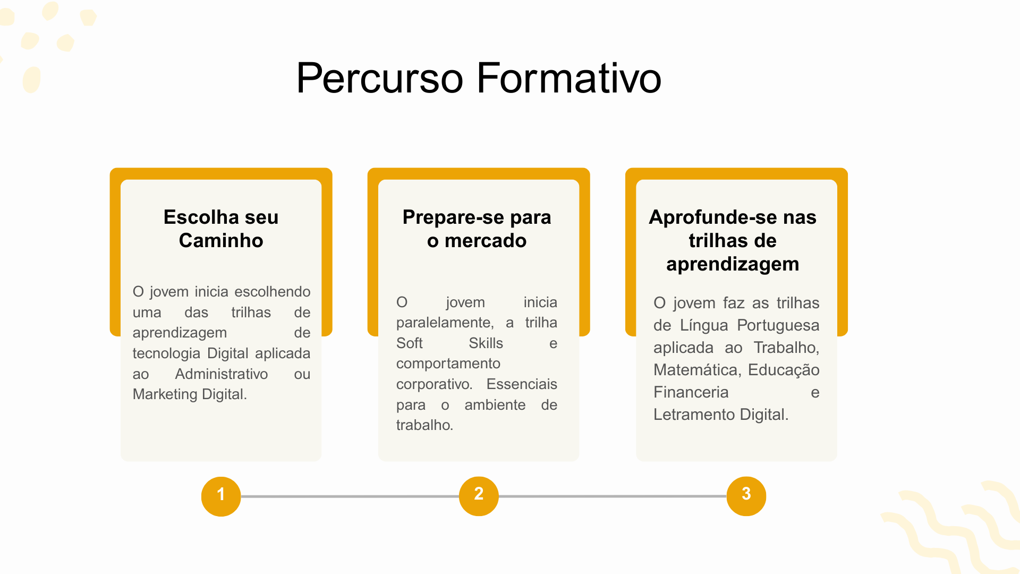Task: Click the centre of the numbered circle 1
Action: pos(221,496)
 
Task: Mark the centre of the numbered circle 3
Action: pos(746,496)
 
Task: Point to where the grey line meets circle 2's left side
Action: pos(460,496)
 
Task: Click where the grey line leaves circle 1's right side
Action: pos(241,496)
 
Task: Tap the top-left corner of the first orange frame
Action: pos(110,168)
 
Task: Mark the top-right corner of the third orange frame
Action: pos(848,168)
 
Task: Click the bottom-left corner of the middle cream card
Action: pos(379,461)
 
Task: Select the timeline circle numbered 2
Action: pos(479,496)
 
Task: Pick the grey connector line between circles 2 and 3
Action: pos(613,496)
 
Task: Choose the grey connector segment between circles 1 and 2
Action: pos(350,496)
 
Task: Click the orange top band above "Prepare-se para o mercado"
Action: pos(479,174)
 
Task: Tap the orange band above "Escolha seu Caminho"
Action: pos(221,174)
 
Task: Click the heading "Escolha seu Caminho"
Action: pos(221,229)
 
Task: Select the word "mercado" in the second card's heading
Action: pos(486,241)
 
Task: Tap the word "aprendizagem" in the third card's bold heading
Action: pos(733,264)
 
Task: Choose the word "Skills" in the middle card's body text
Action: pos(486,343)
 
